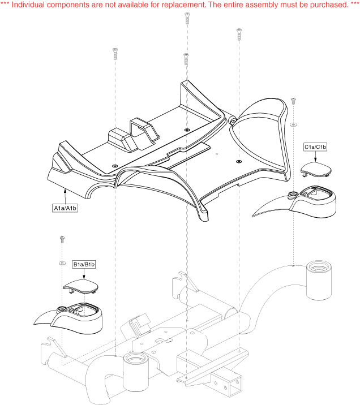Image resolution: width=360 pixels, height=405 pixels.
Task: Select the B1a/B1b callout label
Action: click(x=84, y=264)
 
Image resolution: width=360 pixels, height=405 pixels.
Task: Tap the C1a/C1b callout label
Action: click(x=315, y=147)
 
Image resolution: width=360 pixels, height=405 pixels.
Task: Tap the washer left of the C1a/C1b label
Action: click(x=293, y=123)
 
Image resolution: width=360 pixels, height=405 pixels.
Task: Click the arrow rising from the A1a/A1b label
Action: click(x=66, y=196)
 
